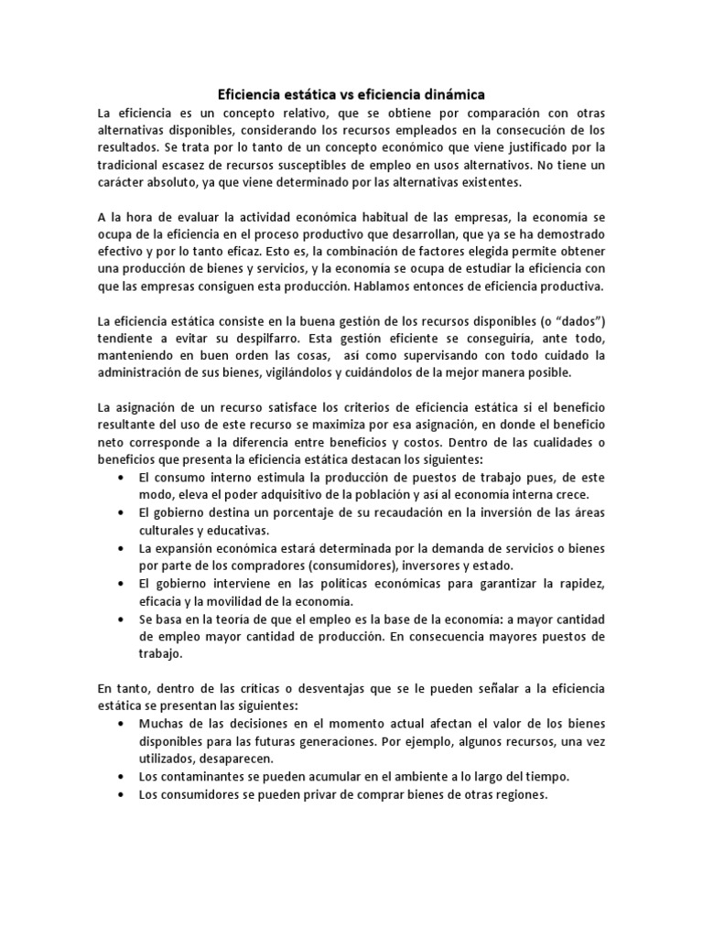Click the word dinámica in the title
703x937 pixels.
tap(452, 94)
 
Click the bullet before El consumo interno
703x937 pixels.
tap(124, 479)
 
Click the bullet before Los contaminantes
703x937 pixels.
tap(124, 776)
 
